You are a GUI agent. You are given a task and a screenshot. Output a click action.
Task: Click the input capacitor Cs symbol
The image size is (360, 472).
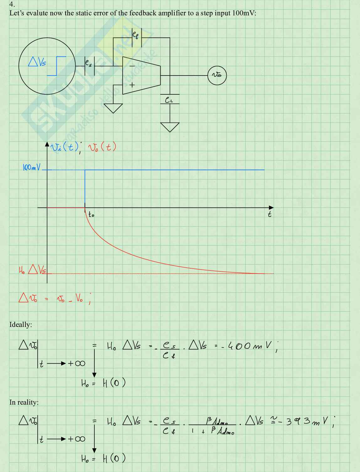89,66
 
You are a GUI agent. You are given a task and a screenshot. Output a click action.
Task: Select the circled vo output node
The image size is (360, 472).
217,75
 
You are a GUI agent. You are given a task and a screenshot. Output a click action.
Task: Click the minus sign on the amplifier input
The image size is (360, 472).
132,66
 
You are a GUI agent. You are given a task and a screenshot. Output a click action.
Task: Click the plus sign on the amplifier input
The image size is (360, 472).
132,85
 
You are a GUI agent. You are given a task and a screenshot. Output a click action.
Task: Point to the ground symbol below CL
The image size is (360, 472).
170,127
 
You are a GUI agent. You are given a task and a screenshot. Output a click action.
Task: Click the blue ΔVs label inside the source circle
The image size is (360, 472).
37,62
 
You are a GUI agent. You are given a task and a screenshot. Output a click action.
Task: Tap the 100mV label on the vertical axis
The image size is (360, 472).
31,168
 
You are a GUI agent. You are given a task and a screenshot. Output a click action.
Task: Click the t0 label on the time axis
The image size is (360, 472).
91,215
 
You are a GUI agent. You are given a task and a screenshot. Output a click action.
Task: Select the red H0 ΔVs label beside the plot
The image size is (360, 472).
33,270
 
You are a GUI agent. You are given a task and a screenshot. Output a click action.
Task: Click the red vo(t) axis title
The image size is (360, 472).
102,147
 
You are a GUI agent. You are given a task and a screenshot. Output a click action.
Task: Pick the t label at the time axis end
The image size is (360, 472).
269,214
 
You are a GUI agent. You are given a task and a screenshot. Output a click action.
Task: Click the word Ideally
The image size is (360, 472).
20,324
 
